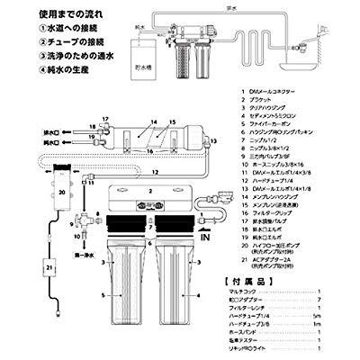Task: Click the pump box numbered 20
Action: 60,193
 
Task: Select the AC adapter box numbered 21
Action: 48,268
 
